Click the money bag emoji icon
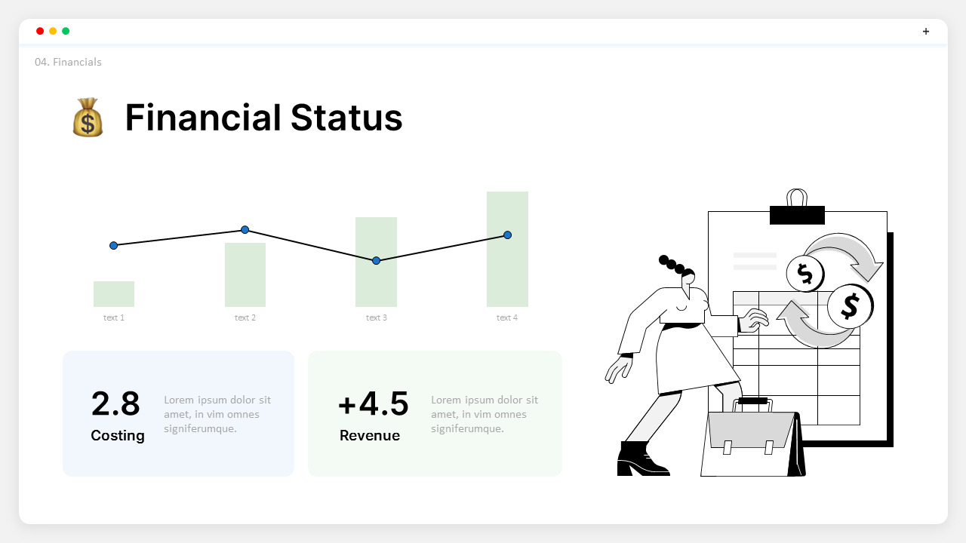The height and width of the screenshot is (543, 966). click(x=88, y=118)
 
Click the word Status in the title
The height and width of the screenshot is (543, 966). click(x=346, y=118)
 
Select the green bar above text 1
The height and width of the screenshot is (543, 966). click(x=114, y=294)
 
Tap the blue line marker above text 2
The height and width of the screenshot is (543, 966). click(x=245, y=229)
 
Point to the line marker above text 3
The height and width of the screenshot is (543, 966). click(x=377, y=260)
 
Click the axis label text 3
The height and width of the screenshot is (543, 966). click(x=377, y=318)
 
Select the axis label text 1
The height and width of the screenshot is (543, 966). click(x=114, y=318)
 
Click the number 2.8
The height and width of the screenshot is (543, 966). click(x=115, y=403)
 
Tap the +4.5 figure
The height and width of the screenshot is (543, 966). click(x=373, y=403)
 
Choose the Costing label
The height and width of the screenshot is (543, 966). click(x=118, y=435)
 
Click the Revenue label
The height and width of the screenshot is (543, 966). click(x=370, y=435)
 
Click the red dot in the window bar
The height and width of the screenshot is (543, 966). click(x=40, y=31)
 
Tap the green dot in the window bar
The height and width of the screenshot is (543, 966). click(x=66, y=31)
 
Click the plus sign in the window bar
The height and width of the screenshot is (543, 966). click(x=926, y=31)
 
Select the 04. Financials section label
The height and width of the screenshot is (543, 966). click(x=68, y=62)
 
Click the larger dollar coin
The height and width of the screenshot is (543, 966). click(x=850, y=306)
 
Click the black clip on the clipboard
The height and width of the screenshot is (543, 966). click(x=797, y=215)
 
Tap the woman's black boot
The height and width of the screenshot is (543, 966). click(x=638, y=460)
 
